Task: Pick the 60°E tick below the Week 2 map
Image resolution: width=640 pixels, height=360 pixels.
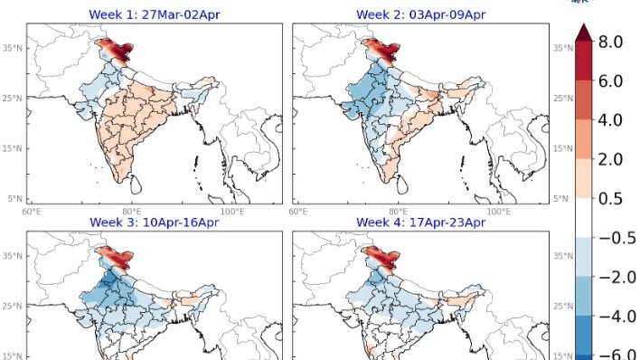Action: (298, 211)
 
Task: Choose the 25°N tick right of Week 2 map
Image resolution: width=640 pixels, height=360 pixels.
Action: (561, 98)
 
